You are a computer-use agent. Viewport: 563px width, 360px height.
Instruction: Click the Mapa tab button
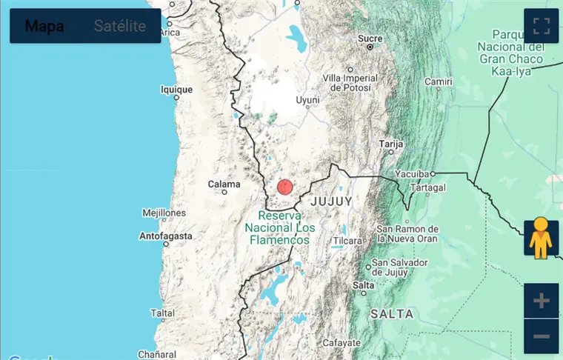[x=44, y=27]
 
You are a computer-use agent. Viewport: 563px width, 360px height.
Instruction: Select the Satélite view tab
[x=120, y=27]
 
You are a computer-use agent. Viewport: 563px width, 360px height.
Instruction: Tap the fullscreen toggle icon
[x=541, y=27]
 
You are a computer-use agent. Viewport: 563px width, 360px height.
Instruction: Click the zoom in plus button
[x=541, y=301]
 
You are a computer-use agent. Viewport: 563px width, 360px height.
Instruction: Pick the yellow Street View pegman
[x=541, y=237]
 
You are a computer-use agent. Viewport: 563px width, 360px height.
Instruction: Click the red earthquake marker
[x=285, y=187]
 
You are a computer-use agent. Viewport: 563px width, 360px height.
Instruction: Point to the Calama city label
[x=224, y=184]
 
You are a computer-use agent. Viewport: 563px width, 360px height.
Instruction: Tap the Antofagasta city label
[x=166, y=236]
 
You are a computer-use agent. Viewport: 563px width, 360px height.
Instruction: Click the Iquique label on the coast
[x=176, y=90]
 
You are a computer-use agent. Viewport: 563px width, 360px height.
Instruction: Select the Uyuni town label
[x=307, y=100]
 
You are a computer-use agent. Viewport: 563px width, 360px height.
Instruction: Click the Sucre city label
[x=370, y=39]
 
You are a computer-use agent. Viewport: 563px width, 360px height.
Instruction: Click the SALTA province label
[x=392, y=314]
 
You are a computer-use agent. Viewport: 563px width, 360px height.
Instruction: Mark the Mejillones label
[x=164, y=213]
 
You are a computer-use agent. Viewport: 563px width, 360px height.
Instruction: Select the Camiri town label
[x=438, y=81]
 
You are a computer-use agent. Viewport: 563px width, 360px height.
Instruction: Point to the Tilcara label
[x=347, y=241]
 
